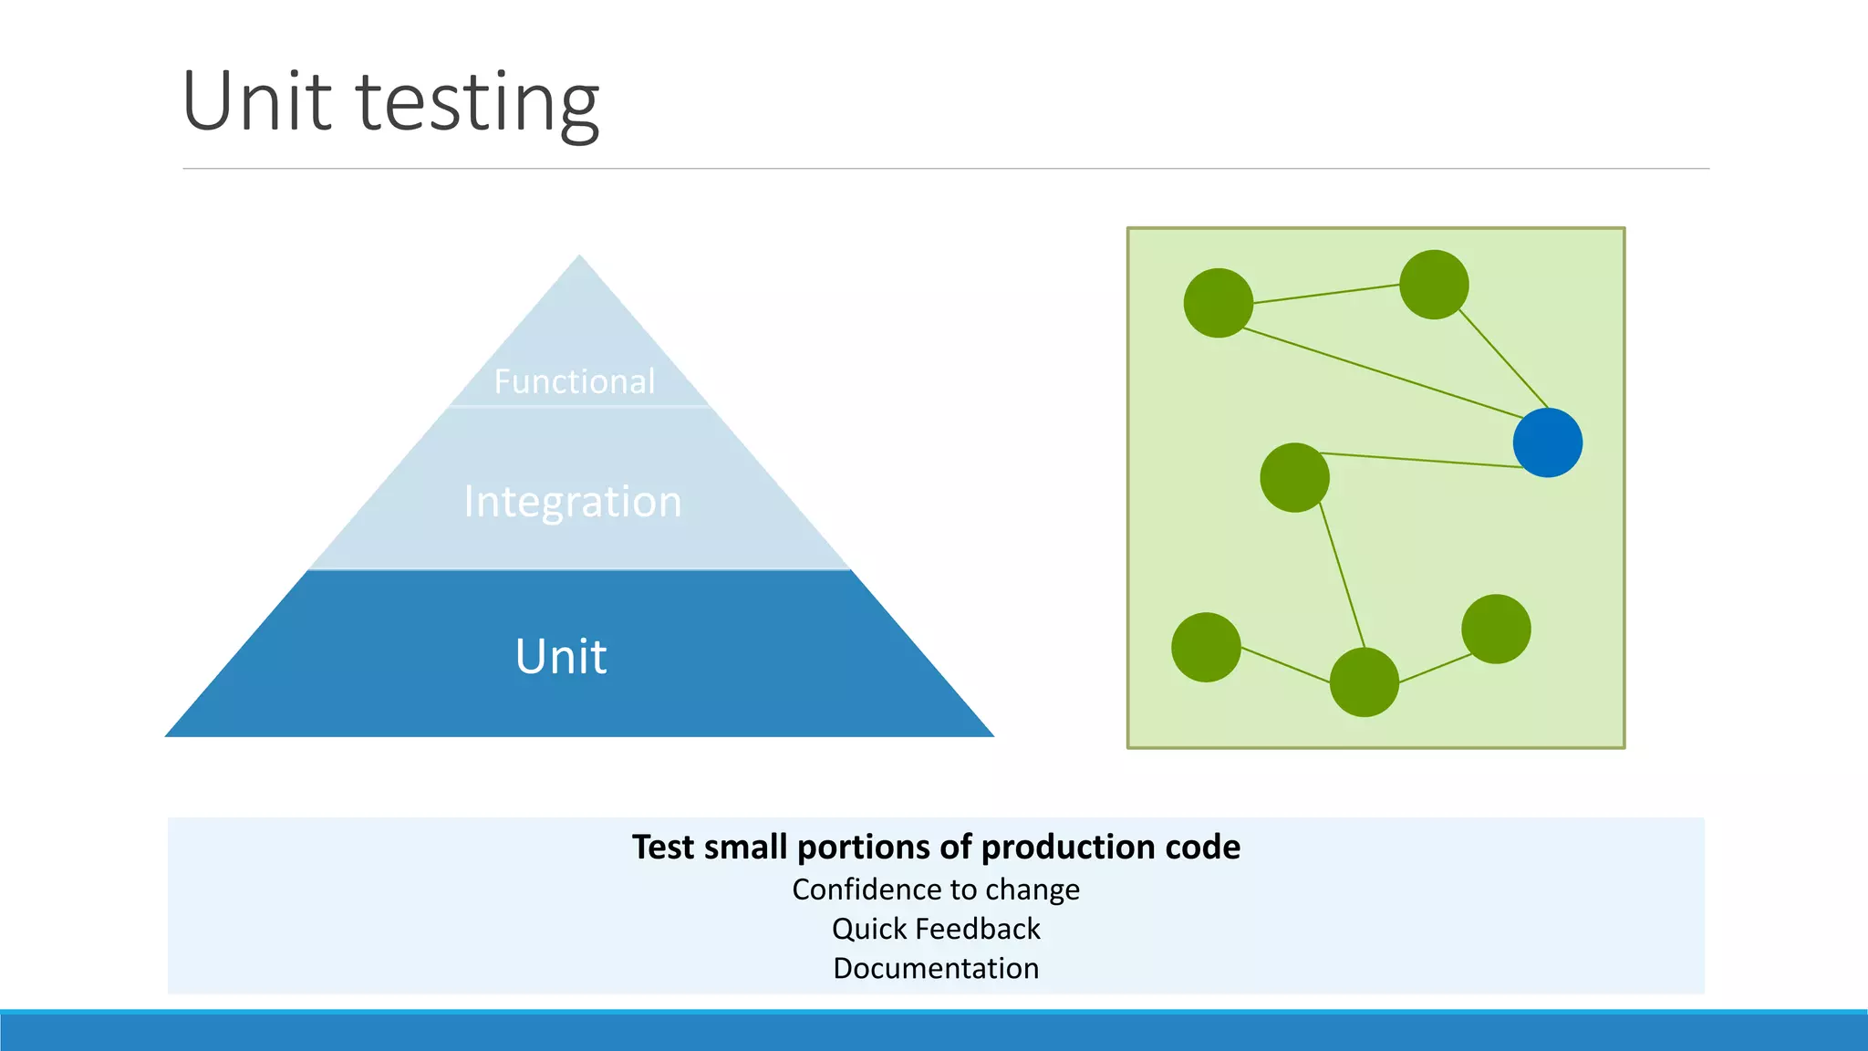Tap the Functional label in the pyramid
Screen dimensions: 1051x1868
click(575, 381)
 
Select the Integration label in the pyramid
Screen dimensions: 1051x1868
click(573, 502)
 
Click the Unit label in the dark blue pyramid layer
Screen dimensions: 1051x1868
click(561, 656)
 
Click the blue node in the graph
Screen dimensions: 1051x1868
click(1547, 442)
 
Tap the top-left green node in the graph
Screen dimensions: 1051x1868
click(1218, 303)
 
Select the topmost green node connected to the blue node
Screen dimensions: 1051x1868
click(1434, 285)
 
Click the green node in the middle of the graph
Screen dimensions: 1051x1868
click(1294, 477)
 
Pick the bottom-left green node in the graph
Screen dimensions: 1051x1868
click(1206, 647)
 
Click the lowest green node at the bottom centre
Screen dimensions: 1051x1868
click(1365, 682)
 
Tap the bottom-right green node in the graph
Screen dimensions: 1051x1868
click(1496, 629)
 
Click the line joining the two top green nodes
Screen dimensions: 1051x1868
click(1326, 294)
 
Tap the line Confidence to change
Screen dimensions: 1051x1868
click(936, 890)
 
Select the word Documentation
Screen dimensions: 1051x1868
click(936, 968)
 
